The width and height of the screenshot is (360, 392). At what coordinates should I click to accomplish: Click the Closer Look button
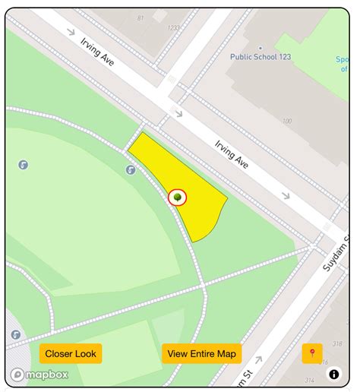tap(71, 353)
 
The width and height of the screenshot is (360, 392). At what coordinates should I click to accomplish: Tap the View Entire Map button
tap(201, 353)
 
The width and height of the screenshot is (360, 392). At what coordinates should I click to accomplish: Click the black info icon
tap(334, 374)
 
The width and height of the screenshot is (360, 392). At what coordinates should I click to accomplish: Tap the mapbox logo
tap(39, 375)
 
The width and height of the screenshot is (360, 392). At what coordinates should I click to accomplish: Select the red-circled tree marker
tap(178, 198)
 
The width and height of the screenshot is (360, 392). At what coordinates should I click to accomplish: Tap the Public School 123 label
tap(261, 56)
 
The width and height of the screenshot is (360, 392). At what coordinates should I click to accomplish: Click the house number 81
tap(141, 17)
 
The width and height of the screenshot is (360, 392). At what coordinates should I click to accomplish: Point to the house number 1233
tap(174, 27)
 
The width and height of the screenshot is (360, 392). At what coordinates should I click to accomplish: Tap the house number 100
tap(286, 121)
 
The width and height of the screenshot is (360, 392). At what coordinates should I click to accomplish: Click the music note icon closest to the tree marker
tap(131, 170)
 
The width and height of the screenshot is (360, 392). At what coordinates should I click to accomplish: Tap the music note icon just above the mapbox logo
tap(15, 334)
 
